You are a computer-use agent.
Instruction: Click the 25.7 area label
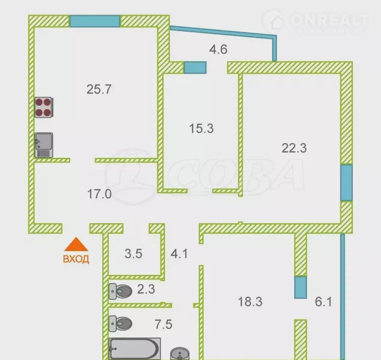coord(99,89)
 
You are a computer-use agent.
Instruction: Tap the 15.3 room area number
coord(202,128)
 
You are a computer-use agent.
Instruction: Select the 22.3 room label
coord(294,148)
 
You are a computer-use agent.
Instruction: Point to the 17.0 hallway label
coord(99,194)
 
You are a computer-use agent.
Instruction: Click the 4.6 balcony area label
coord(218,49)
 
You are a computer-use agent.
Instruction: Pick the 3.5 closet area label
coord(133,254)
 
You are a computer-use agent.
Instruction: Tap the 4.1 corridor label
coord(179,254)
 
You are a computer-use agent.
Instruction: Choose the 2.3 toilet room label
coord(146,289)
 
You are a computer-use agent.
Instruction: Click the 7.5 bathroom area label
coord(163,324)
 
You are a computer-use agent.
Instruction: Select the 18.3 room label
coord(250,302)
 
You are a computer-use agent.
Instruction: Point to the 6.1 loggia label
coord(323,302)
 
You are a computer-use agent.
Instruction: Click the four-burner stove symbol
coord(44,107)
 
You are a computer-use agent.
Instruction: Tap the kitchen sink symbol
coord(44,145)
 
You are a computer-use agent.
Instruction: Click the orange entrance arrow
coord(76,244)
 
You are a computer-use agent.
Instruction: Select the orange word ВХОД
coord(76,259)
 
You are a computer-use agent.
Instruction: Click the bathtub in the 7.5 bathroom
coord(135,349)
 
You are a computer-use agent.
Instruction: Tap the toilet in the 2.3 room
coord(120,291)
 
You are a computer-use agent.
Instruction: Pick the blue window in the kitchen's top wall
coord(95,21)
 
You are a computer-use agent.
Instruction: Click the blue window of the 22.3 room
coord(346,183)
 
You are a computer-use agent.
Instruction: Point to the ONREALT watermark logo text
coord(329,20)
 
